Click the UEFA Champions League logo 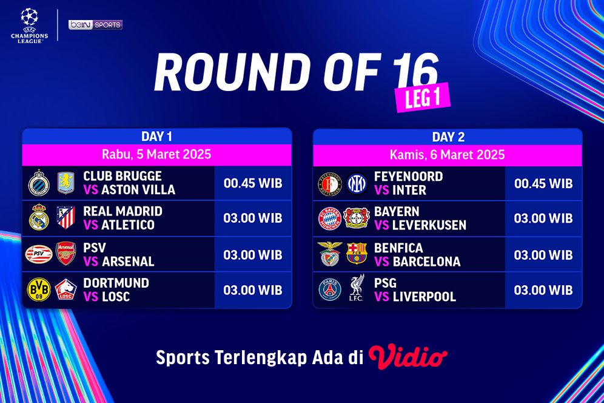pos(29,25)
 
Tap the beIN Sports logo pos(95,25)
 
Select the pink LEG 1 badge pos(424,97)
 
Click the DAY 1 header pos(157,137)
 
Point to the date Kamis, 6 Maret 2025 pos(448,155)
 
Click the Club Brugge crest pos(39,183)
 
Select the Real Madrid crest pos(39,218)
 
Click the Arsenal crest pos(66,254)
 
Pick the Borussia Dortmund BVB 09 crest pos(39,290)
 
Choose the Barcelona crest pos(357,254)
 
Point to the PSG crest pos(330,290)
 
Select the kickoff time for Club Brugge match pos(253,183)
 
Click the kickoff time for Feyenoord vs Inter pos(543,183)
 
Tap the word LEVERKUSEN pos(429,225)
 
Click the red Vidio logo pos(408,357)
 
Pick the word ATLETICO pos(128,225)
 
